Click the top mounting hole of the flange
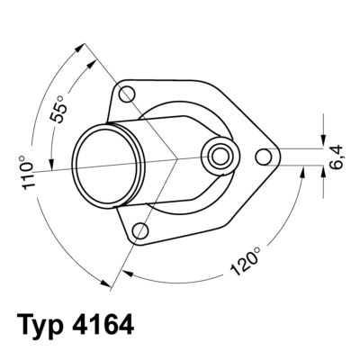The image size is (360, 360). tap(127, 93)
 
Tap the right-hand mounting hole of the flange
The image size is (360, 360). tap(264, 157)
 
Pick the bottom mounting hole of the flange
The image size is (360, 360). tap(139, 232)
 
